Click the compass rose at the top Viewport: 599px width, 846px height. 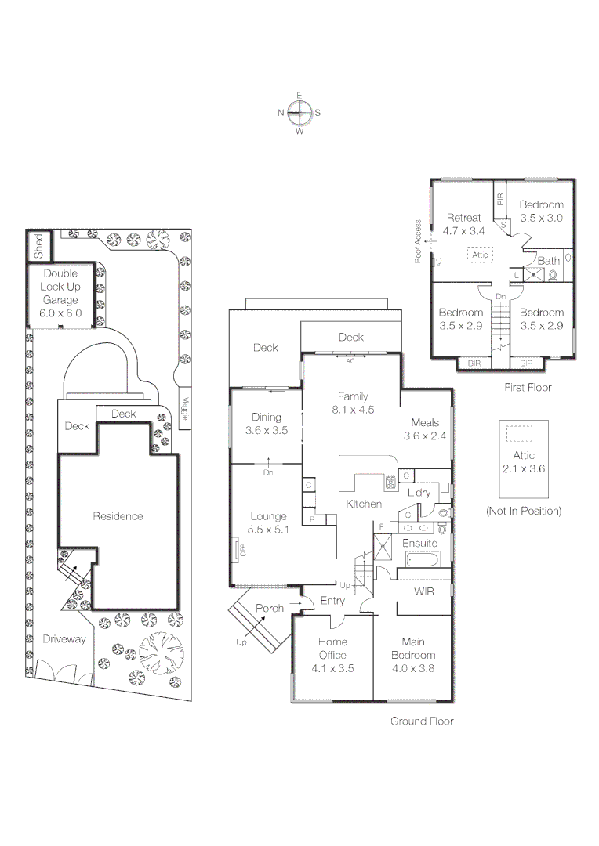tap(299, 113)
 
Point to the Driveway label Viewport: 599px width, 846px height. tap(65, 639)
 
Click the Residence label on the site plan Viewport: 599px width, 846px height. tap(118, 516)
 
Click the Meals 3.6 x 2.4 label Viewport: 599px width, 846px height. tap(424, 429)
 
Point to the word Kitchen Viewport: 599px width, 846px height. tap(364, 504)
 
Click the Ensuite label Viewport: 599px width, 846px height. tap(419, 542)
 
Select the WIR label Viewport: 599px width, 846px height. tap(424, 592)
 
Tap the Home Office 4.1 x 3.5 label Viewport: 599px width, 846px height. tap(332, 655)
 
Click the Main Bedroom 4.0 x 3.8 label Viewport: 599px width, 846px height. tap(412, 655)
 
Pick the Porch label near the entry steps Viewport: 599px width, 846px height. tap(270, 608)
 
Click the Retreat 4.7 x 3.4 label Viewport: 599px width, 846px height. tap(463, 224)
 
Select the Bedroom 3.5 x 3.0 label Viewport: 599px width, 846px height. tap(541, 211)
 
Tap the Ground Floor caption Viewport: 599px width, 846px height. tap(422, 721)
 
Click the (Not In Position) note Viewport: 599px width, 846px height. tap(524, 511)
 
